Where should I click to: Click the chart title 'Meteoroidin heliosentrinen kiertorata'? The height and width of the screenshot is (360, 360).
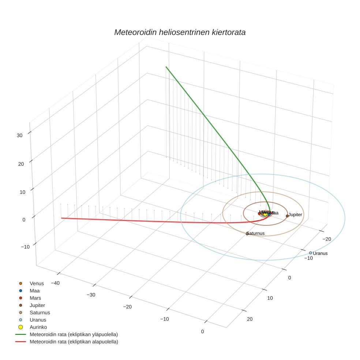click(180, 32)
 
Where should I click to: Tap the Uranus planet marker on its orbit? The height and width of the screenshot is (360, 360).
click(311, 253)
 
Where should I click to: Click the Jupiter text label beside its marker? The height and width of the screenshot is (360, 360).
click(295, 215)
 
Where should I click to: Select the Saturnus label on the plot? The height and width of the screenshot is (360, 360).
click(256, 233)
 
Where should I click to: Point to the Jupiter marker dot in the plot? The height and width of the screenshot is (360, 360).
click(287, 216)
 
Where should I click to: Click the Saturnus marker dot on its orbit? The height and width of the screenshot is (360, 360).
click(247, 233)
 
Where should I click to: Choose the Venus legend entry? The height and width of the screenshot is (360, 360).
click(37, 284)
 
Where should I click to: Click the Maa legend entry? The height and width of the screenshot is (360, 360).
click(34, 291)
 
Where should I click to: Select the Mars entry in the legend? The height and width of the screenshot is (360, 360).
click(35, 298)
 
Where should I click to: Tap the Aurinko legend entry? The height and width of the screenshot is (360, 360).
click(38, 327)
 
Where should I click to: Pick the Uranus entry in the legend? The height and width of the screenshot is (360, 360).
click(38, 320)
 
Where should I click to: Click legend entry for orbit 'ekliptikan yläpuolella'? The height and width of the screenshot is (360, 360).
click(74, 334)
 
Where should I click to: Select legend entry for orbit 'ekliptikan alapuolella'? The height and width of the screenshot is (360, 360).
click(74, 342)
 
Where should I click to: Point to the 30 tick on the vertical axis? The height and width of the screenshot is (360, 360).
click(20, 135)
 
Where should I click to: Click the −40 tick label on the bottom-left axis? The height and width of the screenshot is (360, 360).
click(55, 283)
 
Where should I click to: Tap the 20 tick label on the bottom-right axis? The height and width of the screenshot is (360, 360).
click(250, 319)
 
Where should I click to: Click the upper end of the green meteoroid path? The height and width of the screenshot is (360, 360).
click(166, 67)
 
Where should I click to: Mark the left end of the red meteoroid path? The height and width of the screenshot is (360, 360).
click(61, 218)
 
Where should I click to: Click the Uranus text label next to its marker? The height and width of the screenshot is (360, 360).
click(320, 253)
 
